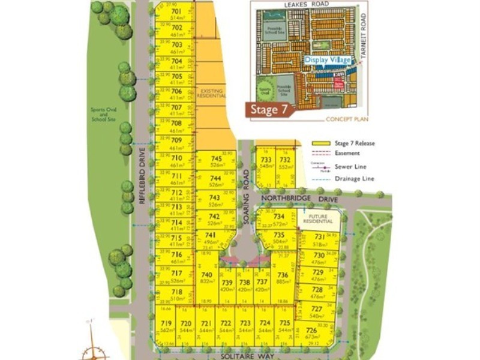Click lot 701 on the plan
point(176,14)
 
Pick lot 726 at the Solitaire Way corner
point(311,333)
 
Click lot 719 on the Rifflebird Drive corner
point(166,326)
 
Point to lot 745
point(216,161)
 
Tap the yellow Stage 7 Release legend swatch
point(322,143)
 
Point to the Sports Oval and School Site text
point(103,115)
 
